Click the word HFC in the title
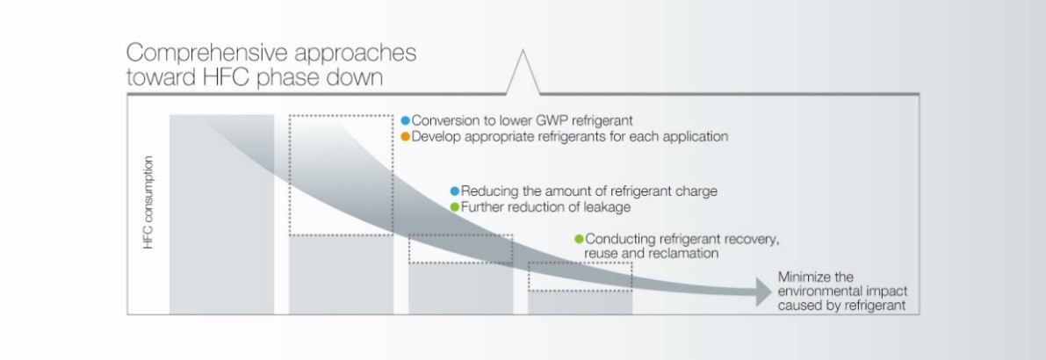(227, 78)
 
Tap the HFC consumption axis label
(148, 203)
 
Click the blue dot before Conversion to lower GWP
(405, 120)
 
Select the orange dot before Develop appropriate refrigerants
(405, 137)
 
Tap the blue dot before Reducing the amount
(455, 191)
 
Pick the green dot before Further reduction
(455, 207)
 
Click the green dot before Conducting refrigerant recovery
(579, 239)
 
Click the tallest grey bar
(221, 214)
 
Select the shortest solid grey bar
(580, 303)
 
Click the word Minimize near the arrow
(801, 277)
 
